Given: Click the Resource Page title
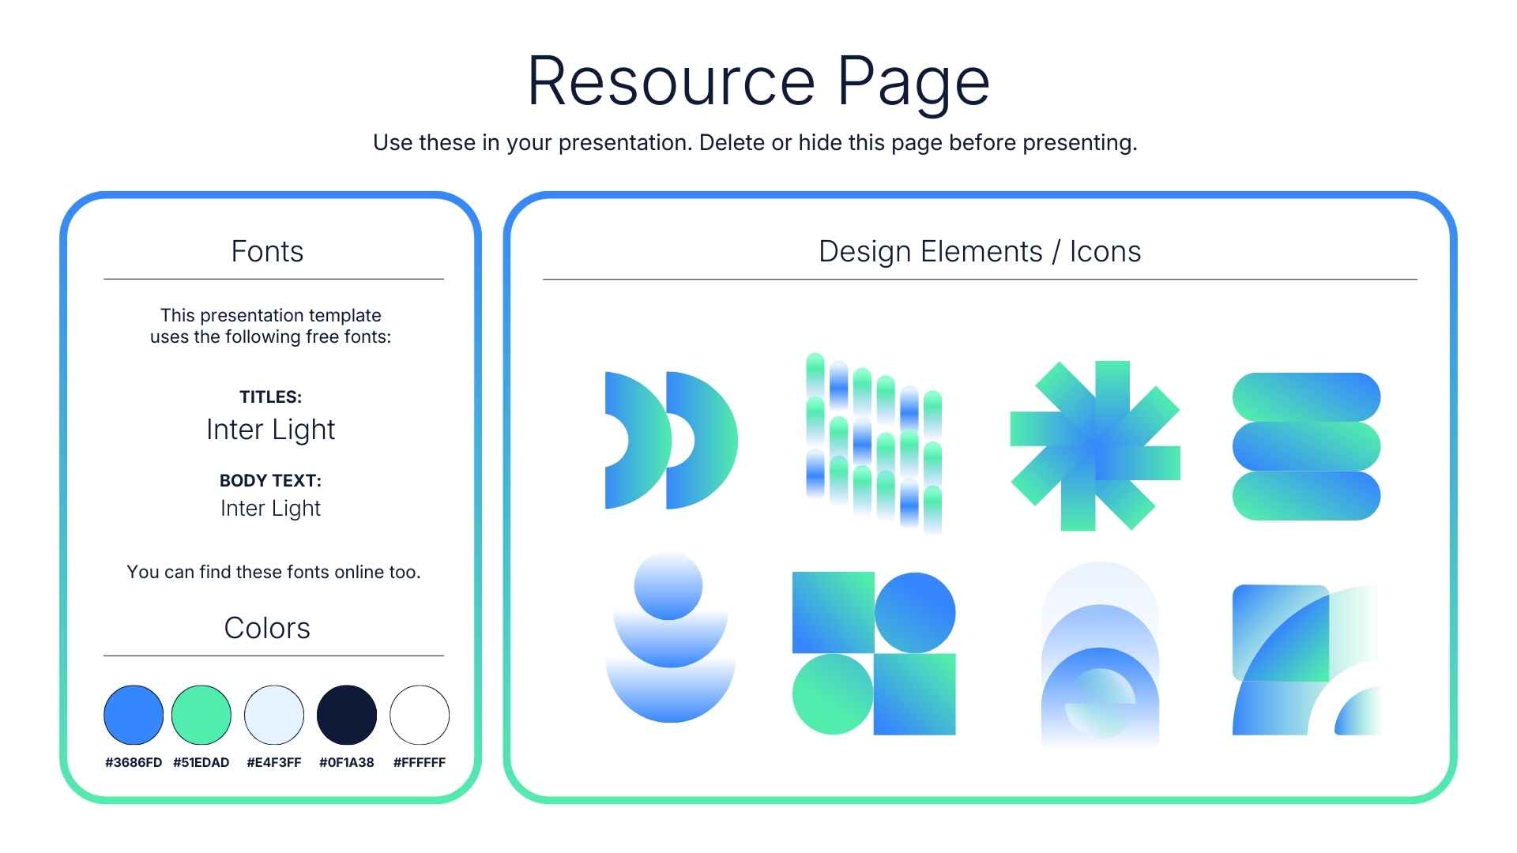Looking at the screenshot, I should (x=758, y=81).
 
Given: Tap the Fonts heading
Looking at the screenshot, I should (x=267, y=251).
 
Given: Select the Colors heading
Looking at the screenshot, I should (x=267, y=628).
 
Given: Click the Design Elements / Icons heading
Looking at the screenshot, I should (x=980, y=251).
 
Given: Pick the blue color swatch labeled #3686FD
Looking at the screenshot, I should (x=134, y=715).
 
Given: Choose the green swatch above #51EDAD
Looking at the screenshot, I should (x=201, y=715).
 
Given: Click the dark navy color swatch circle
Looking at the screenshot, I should (x=347, y=715).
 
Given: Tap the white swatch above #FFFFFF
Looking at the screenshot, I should (x=420, y=715).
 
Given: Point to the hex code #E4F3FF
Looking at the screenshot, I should (x=274, y=762).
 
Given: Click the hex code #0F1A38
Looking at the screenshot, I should (x=347, y=762).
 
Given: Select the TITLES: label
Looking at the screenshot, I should (x=271, y=396).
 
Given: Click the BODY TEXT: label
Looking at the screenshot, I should (x=270, y=480).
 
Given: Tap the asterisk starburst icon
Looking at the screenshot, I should (x=1095, y=446).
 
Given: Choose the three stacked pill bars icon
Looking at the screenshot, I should (x=1306, y=446).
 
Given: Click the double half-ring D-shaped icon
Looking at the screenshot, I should (x=671, y=440).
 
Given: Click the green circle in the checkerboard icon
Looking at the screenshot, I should (x=833, y=694).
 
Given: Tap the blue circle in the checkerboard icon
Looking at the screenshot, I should (x=915, y=613).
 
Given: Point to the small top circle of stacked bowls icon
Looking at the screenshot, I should (x=668, y=586).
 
